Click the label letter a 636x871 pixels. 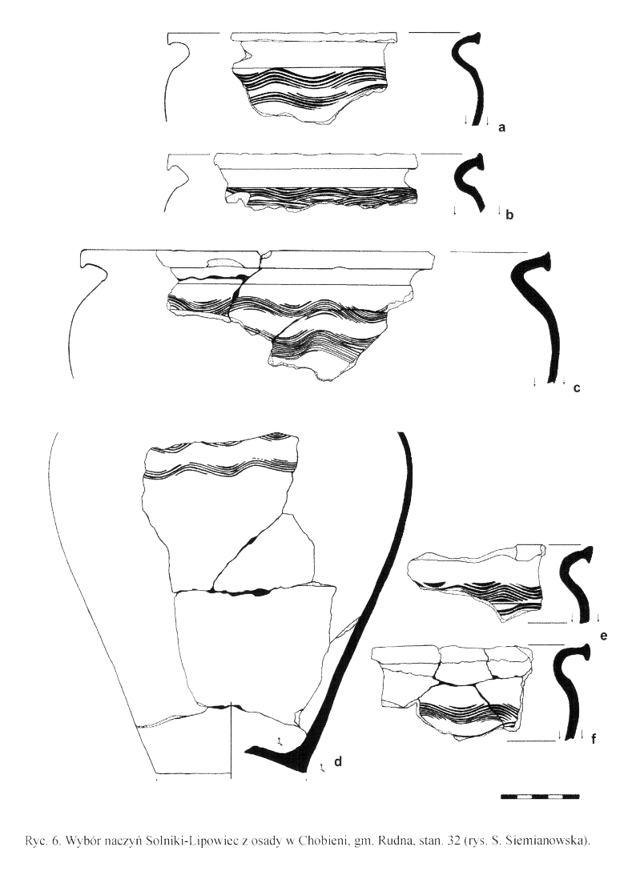coord(501,128)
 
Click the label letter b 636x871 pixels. coord(509,215)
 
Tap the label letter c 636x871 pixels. coord(577,388)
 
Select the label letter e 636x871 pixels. coord(604,635)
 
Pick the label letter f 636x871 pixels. coord(594,739)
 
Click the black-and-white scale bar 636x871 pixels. coord(540,797)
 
